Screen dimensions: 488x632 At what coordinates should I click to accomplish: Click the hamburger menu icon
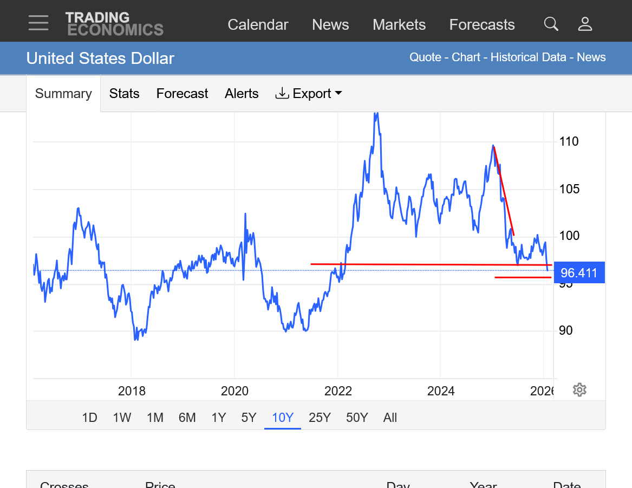coord(38,23)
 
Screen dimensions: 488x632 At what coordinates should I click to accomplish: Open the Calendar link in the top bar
coord(258,25)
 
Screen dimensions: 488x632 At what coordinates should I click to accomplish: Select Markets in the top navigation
coord(399,25)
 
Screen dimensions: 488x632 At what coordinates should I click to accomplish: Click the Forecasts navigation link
coord(482,25)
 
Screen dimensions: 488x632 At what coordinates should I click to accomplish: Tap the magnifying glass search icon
coord(551,24)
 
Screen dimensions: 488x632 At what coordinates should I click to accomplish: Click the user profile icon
coord(585,24)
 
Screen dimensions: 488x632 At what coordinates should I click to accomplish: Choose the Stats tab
coord(124,94)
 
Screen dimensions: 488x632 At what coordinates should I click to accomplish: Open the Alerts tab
coord(242,94)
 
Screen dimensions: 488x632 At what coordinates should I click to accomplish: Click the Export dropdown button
coord(309,94)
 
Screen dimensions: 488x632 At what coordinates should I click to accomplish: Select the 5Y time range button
coord(249,418)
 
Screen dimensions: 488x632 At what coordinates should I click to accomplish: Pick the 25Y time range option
coord(320,418)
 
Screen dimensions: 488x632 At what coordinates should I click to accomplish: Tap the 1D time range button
coord(89,418)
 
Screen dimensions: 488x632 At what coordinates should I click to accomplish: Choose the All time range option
coord(390,418)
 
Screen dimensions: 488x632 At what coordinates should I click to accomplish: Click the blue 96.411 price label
coord(579,273)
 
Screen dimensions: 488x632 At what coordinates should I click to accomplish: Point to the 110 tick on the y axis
coord(569,142)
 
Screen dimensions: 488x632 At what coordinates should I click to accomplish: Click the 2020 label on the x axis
coord(234,391)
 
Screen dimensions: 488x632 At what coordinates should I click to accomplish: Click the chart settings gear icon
coord(579,390)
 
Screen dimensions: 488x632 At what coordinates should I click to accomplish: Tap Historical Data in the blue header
coord(528,57)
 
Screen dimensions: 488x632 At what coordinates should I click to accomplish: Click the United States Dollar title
coord(100,58)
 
